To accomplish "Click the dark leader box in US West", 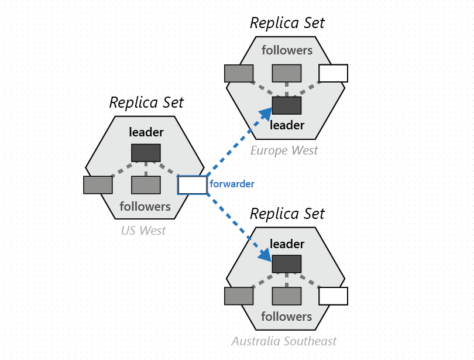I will (x=146, y=153).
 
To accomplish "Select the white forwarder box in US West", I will (x=193, y=185).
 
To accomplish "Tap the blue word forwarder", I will (x=232, y=184).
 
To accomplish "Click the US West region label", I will (x=143, y=231).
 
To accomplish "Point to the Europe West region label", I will (x=284, y=150).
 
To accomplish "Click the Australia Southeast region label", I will (x=284, y=341).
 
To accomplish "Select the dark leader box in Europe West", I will (x=287, y=105).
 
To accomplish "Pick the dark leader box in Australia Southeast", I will (x=287, y=264).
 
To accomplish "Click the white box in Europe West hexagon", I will (x=333, y=73).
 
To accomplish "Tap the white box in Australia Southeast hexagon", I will (x=333, y=296).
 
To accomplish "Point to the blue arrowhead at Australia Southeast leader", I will (x=265, y=255).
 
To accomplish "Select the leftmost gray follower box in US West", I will (x=98, y=185).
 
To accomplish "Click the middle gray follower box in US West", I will (x=146, y=185).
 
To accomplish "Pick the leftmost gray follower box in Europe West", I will (x=239, y=73).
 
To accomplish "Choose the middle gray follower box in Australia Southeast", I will (x=287, y=296).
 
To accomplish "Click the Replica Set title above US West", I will (x=146, y=102).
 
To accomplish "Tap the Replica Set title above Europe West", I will (x=287, y=23).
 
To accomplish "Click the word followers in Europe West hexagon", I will (x=287, y=50).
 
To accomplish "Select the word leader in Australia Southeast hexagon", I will (x=287, y=244).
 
